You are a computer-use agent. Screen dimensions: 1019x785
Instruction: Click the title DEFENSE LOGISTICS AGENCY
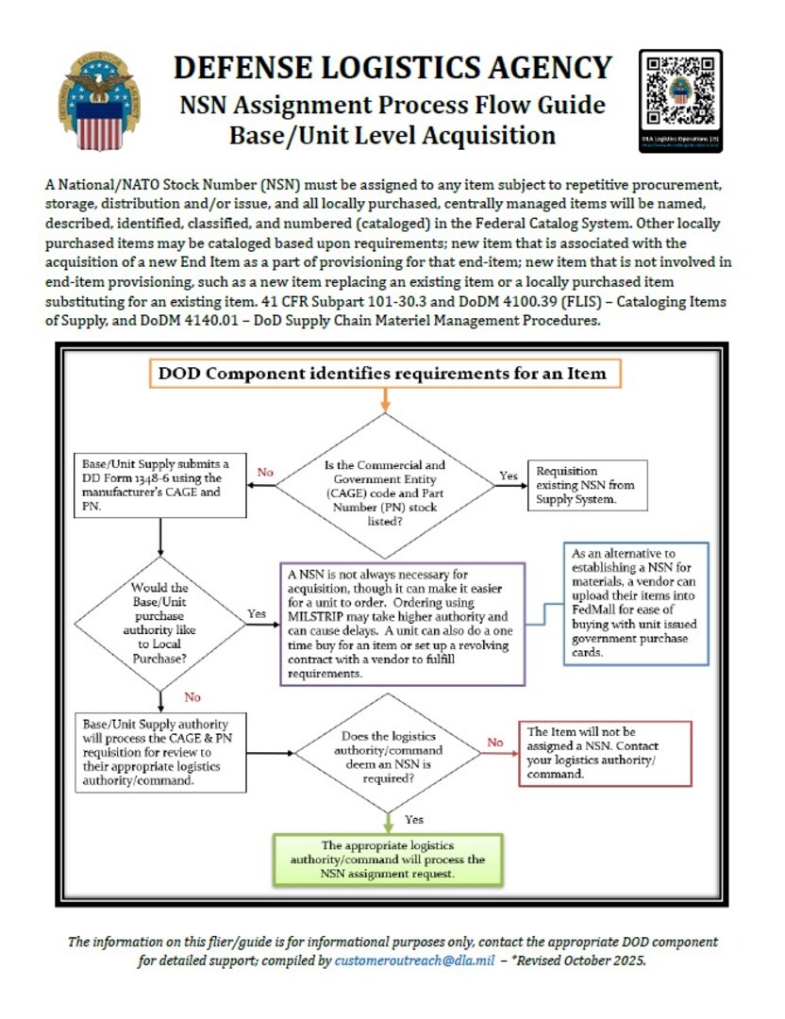click(392, 68)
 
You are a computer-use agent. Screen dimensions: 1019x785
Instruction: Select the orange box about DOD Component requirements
click(384, 373)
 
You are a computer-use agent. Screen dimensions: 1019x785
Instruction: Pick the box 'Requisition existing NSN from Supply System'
click(588, 483)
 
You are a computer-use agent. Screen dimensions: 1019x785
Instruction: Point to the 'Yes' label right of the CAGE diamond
click(509, 476)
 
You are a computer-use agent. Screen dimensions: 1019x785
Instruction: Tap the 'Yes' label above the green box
click(413, 818)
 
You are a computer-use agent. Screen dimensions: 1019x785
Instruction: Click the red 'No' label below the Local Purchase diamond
click(192, 697)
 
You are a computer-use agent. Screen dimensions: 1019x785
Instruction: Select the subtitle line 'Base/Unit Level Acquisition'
click(392, 135)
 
